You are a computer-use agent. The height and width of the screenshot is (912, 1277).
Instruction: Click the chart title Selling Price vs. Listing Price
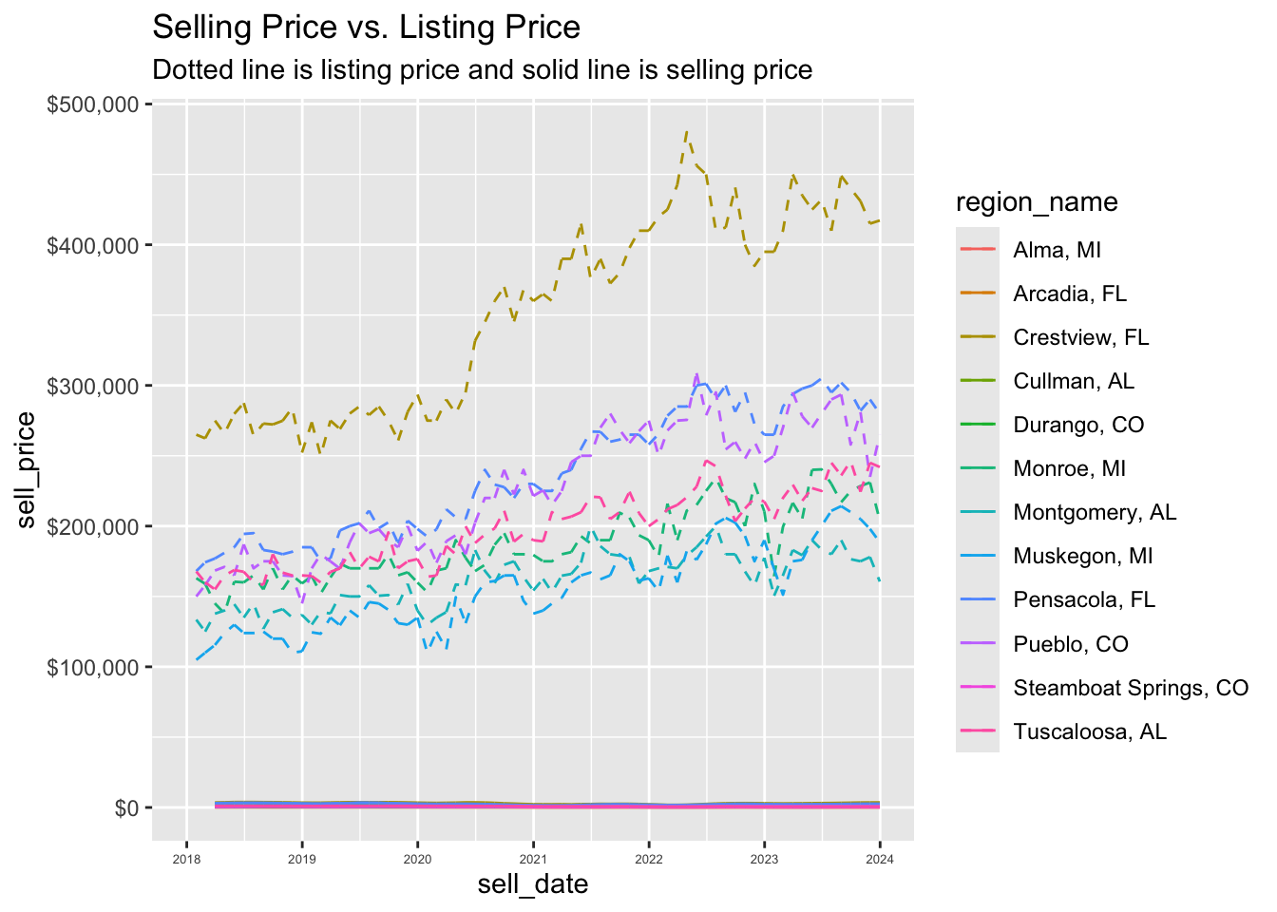tap(366, 28)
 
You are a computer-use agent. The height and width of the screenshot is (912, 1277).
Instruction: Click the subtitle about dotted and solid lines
tap(482, 70)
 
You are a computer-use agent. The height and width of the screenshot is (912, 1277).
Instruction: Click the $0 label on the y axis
tap(126, 807)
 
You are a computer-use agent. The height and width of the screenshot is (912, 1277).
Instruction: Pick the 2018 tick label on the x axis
tap(186, 859)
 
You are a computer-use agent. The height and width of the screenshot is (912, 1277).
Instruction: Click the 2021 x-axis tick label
tap(533, 859)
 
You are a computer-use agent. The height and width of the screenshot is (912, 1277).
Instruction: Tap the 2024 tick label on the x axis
tap(879, 859)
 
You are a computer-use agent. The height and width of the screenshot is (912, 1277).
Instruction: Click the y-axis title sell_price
tap(27, 469)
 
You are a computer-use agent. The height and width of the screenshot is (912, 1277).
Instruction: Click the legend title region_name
tap(1037, 202)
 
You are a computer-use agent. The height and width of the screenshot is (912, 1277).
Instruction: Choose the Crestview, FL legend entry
tap(1080, 337)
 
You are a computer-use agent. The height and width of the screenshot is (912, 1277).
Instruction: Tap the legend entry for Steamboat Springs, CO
tap(1130, 688)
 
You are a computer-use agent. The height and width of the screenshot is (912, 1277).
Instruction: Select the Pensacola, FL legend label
tap(1084, 599)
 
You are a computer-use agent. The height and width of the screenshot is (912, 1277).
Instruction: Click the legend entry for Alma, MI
tap(1057, 250)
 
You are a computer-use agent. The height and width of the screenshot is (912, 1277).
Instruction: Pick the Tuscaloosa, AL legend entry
tap(1090, 731)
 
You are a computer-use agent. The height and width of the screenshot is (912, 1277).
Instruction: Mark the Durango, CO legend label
tap(1078, 425)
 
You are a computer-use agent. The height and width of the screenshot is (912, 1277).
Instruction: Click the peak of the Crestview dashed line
tap(687, 132)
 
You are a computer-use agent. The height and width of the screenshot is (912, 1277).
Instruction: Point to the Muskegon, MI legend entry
tap(1082, 556)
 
